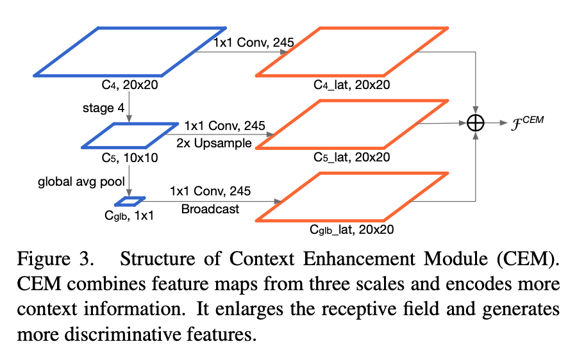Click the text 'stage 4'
(x=103, y=108)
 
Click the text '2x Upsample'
(x=218, y=143)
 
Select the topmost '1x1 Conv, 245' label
(x=254, y=43)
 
